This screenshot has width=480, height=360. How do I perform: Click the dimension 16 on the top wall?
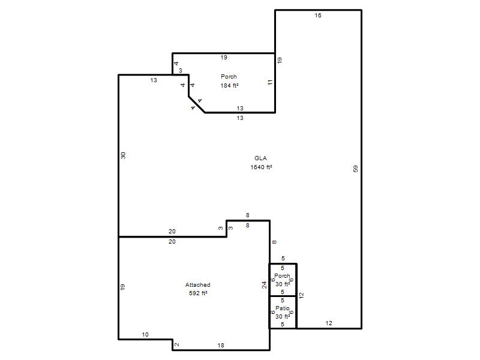pyautogui.click(x=318, y=16)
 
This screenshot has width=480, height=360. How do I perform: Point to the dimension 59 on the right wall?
pyautogui.click(x=355, y=169)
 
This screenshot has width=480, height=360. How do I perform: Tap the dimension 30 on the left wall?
pyautogui.click(x=123, y=155)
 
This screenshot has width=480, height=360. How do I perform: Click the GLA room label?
pyautogui.click(x=260, y=158)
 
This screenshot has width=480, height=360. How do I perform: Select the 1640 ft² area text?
pyautogui.click(x=261, y=167)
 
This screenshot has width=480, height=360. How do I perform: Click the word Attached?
pyautogui.click(x=198, y=284)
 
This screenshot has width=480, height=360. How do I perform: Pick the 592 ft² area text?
pyautogui.click(x=198, y=293)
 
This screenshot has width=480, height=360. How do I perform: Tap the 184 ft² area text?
pyautogui.click(x=229, y=85)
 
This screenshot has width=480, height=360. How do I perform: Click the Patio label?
pyautogui.click(x=282, y=308)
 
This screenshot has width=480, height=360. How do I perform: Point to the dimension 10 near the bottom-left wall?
pyautogui.click(x=145, y=335)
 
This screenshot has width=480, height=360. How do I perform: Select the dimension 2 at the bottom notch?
pyautogui.click(x=176, y=344)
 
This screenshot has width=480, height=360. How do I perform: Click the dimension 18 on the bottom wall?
pyautogui.click(x=221, y=346)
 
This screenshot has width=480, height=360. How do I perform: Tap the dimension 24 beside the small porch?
pyautogui.click(x=264, y=284)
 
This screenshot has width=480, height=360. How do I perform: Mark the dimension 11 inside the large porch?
pyautogui.click(x=269, y=82)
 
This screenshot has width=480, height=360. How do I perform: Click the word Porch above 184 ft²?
pyautogui.click(x=229, y=77)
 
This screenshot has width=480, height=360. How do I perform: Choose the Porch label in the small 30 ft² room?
pyautogui.click(x=282, y=275)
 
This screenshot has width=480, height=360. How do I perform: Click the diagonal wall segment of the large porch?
pyautogui.click(x=197, y=104)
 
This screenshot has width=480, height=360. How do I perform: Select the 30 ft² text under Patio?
pyautogui.click(x=283, y=316)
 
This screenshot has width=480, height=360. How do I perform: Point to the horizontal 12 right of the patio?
pyautogui.click(x=328, y=323)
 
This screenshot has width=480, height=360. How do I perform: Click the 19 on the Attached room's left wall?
pyautogui.click(x=122, y=287)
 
